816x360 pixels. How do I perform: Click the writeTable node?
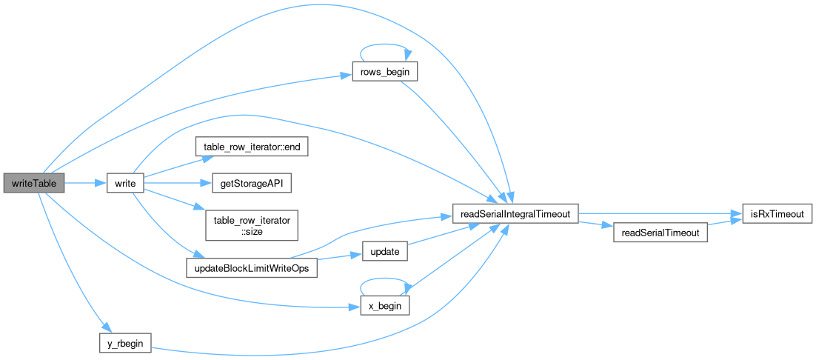pyautogui.click(x=34, y=182)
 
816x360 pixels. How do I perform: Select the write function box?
pyautogui.click(x=124, y=182)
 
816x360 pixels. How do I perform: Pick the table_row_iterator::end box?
pyautogui.click(x=251, y=147)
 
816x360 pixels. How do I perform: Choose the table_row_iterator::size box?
pyautogui.click(x=251, y=224)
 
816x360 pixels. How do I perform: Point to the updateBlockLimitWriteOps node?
pyautogui.click(x=251, y=267)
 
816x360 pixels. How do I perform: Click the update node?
pyautogui.click(x=384, y=252)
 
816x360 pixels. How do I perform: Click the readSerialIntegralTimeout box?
pyautogui.click(x=515, y=214)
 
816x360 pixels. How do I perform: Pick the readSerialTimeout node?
pyautogui.click(x=661, y=233)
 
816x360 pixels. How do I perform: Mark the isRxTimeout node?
pyautogui.click(x=777, y=214)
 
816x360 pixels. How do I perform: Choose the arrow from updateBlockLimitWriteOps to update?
pyautogui.click(x=340, y=257)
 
